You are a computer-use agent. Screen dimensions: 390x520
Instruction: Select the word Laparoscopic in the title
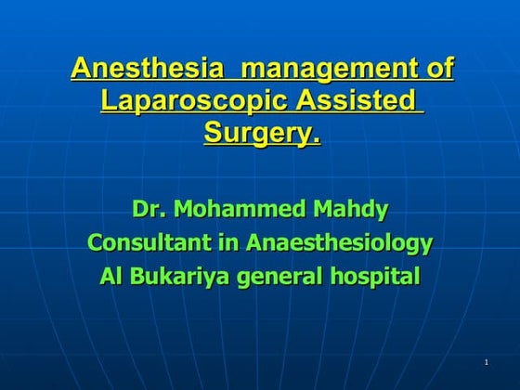coord(191,100)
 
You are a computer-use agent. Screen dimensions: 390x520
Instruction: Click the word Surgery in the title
coord(257,132)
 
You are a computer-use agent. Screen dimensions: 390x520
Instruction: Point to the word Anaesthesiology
coord(340,243)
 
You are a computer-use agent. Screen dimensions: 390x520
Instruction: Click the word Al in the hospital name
coord(111,276)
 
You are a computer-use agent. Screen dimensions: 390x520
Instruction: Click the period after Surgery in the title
coord(317,138)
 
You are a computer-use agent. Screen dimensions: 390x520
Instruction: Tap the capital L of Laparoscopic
coord(108,99)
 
